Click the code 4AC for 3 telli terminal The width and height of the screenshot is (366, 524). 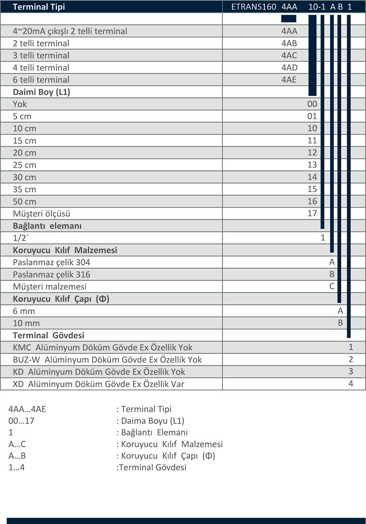click(289, 55)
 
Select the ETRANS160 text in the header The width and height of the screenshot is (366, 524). click(254, 7)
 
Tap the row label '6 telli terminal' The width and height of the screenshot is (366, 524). click(41, 80)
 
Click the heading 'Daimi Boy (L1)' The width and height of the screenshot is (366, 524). click(42, 92)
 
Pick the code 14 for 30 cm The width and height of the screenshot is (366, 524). click(312, 177)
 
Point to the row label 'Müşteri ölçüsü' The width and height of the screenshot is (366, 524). click(42, 214)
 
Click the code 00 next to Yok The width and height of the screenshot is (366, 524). click(312, 104)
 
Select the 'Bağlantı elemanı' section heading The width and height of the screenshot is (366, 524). click(47, 226)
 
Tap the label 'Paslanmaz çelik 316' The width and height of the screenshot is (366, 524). click(52, 274)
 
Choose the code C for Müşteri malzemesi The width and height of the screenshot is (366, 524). click(332, 286)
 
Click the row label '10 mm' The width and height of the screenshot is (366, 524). click(26, 323)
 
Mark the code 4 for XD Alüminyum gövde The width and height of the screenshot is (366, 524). click(350, 384)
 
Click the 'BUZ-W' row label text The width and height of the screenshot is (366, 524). click(27, 359)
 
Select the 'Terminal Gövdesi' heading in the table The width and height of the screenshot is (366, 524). click(48, 335)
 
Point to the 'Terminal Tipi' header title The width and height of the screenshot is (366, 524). click(39, 7)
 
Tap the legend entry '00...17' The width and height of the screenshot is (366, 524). click(22, 421)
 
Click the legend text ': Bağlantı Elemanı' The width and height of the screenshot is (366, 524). click(152, 433)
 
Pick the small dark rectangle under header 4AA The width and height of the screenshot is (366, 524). click(289, 19)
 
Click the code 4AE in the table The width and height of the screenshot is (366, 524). click(289, 80)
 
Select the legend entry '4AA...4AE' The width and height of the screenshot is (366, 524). click(27, 409)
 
